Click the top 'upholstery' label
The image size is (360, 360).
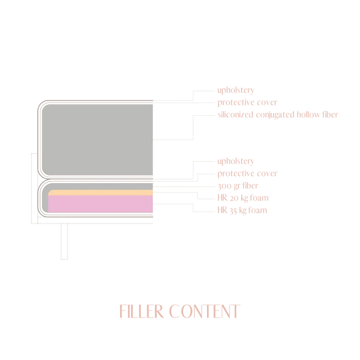pyautogui.click(x=236, y=90)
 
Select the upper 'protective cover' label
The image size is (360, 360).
pyautogui.click(x=247, y=103)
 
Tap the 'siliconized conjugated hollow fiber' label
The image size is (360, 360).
pyautogui.click(x=278, y=115)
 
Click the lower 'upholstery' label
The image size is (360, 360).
pyautogui.click(x=236, y=161)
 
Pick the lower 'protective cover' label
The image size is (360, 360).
pyautogui.click(x=247, y=173)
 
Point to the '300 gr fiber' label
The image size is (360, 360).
pyautogui.click(x=238, y=186)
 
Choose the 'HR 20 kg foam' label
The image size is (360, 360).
pyautogui.click(x=243, y=198)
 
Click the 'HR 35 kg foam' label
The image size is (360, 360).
pyautogui.click(x=242, y=210)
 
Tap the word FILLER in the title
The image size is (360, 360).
pyautogui.click(x=142, y=311)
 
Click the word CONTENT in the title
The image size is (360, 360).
pyautogui.click(x=205, y=311)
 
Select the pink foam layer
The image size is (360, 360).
pyautogui.click(x=100, y=204)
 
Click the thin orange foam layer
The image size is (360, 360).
pyautogui.click(x=100, y=193)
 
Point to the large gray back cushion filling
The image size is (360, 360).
pyautogui.click(x=97, y=140)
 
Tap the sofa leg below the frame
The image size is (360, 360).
pyautogui.click(x=64, y=242)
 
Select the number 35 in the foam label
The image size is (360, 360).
pyautogui.click(x=233, y=211)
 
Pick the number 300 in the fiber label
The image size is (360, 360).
pyautogui.click(x=225, y=186)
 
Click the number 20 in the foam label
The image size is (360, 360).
pyautogui.click(x=234, y=198)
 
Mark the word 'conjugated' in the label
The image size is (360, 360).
pyautogui.click(x=275, y=115)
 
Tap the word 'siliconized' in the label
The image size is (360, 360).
pyautogui.click(x=235, y=114)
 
